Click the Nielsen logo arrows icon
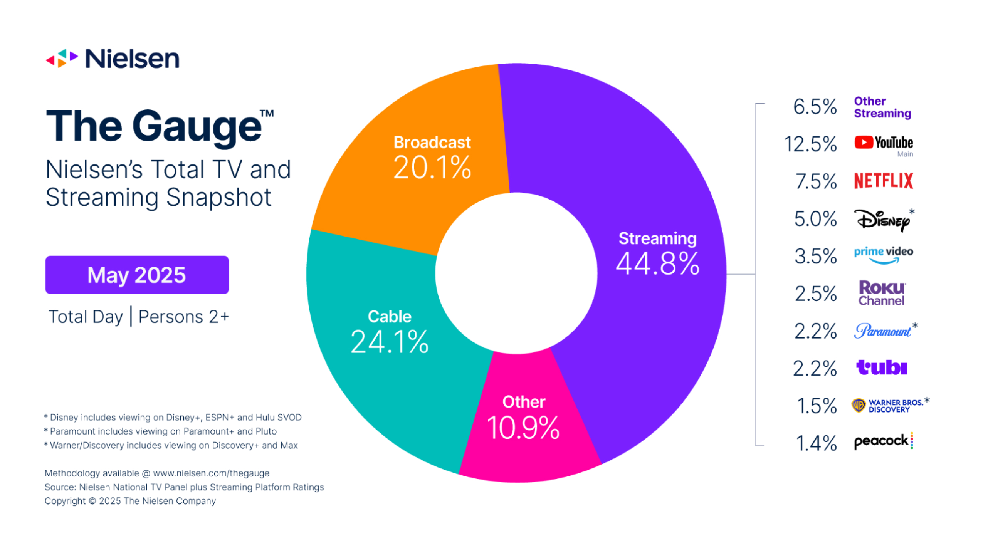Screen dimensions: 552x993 62,59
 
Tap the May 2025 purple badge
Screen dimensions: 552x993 137,275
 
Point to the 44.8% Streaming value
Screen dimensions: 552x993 657,263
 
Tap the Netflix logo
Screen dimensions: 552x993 883,181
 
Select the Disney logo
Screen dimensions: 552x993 882,220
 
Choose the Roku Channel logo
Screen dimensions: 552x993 882,293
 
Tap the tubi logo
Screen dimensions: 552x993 881,367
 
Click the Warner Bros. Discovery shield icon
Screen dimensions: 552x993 859,405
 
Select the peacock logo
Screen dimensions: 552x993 883,441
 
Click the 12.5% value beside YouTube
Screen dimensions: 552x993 810,144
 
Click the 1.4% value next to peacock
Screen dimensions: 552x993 816,443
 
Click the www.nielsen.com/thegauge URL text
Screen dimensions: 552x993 211,473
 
